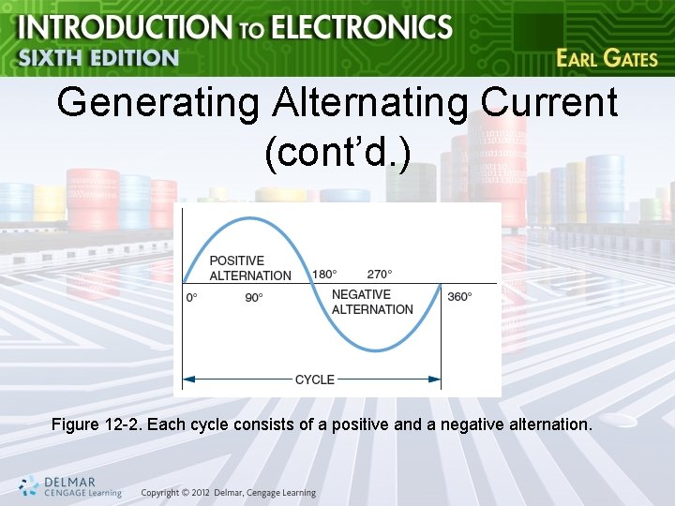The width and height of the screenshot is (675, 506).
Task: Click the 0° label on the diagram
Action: [191, 297]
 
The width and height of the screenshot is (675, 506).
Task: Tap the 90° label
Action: [254, 297]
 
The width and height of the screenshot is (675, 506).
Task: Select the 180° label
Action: [323, 275]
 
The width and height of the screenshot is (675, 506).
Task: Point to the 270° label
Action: [380, 275]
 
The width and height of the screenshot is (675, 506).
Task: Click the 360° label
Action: [459, 297]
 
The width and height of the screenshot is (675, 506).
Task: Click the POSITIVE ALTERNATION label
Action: [249, 268]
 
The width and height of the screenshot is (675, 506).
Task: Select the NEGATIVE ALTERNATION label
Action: [372, 302]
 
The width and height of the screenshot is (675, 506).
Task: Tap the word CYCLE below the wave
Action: [315, 379]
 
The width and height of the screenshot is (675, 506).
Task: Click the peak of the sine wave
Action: [246, 218]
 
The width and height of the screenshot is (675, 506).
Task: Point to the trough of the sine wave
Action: [375, 350]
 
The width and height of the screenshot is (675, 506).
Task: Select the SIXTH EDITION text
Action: [98, 57]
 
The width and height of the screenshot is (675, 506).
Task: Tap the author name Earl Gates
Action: [607, 58]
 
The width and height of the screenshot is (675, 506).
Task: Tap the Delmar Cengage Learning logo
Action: [70, 485]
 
